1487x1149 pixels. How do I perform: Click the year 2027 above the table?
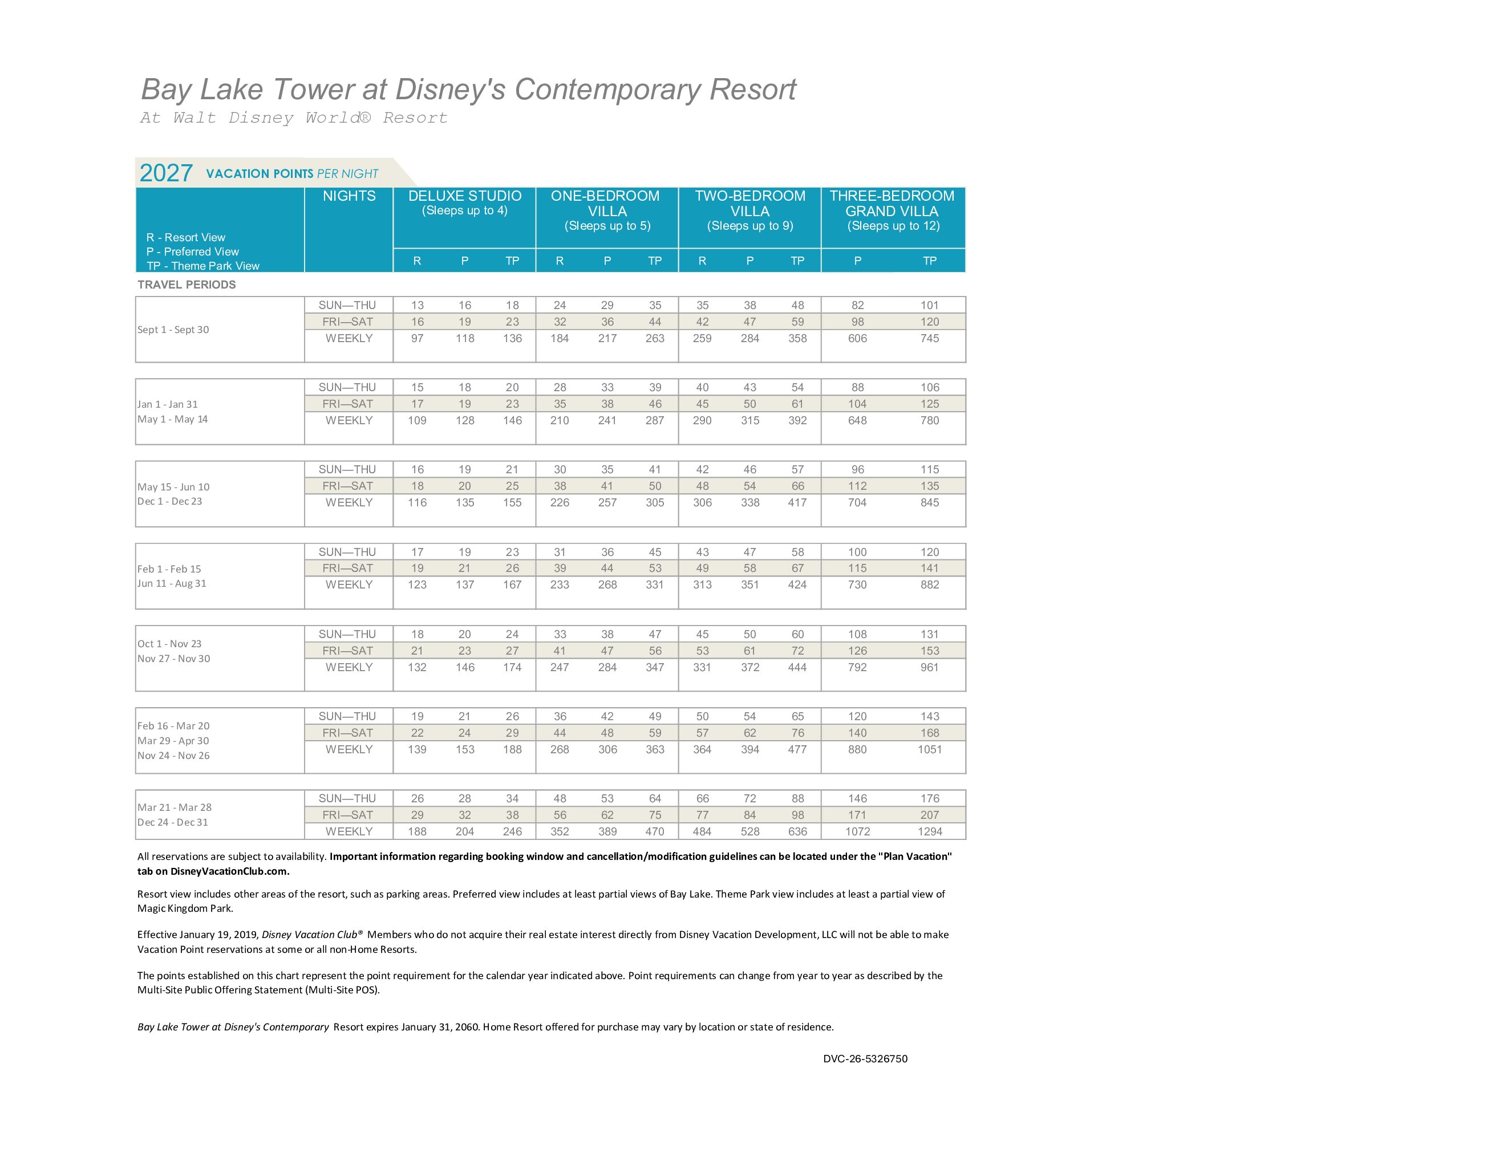pyautogui.click(x=166, y=173)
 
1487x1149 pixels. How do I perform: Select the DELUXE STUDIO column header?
pyautogui.click(x=464, y=196)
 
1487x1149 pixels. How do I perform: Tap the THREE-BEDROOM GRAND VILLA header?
pyautogui.click(x=892, y=204)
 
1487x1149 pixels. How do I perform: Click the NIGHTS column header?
pyautogui.click(x=349, y=196)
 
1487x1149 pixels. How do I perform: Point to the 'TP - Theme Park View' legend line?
pyautogui.click(x=203, y=266)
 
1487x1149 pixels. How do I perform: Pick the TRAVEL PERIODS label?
pyautogui.click(x=187, y=285)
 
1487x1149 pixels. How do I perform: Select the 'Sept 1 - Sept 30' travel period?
pyautogui.click(x=173, y=330)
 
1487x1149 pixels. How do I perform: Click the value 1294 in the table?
pyautogui.click(x=929, y=831)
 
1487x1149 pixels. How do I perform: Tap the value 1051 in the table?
pyautogui.click(x=929, y=749)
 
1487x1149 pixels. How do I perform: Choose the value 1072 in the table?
pyautogui.click(x=857, y=831)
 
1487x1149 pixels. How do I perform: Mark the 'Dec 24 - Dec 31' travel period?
pyautogui.click(x=173, y=822)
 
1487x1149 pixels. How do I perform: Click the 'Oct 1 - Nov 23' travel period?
pyautogui.click(x=169, y=644)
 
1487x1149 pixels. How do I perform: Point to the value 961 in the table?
pyautogui.click(x=929, y=667)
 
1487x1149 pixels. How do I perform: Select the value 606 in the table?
pyautogui.click(x=857, y=338)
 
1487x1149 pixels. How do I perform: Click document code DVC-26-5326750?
pyautogui.click(x=865, y=1058)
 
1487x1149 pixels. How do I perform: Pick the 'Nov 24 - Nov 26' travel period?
pyautogui.click(x=173, y=756)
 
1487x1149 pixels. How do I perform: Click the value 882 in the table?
pyautogui.click(x=929, y=584)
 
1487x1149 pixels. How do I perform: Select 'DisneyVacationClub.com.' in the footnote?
pyautogui.click(x=229, y=871)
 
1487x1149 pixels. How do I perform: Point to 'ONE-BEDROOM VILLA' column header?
pyautogui.click(x=606, y=204)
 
